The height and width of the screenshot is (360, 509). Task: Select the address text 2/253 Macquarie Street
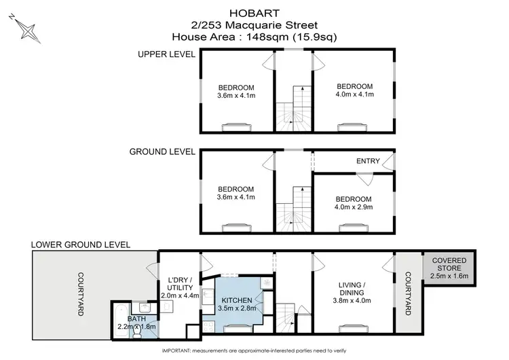254,25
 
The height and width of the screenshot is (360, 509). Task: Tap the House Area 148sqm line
254,37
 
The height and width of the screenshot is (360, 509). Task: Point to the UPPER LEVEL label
166,54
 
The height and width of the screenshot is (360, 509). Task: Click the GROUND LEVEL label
162,151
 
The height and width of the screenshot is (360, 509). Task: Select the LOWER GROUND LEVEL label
81,244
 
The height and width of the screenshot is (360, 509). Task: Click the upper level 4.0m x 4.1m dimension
355,94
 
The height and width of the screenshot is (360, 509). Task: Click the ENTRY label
366,162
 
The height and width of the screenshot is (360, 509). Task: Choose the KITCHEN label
236,300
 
